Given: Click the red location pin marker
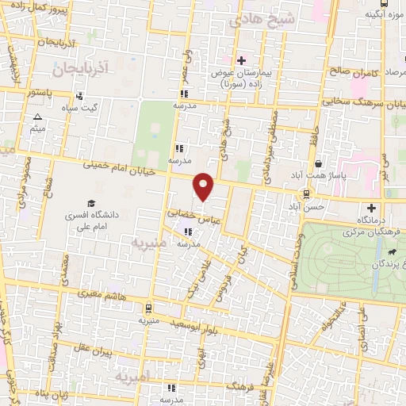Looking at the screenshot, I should click(x=204, y=186).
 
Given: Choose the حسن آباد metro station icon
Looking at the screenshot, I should click(x=307, y=193).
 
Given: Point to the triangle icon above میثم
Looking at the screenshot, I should click(x=36, y=117).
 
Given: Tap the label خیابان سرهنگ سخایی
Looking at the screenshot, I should click(x=357, y=102).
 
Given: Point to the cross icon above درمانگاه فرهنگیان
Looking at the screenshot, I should click(x=370, y=207).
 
